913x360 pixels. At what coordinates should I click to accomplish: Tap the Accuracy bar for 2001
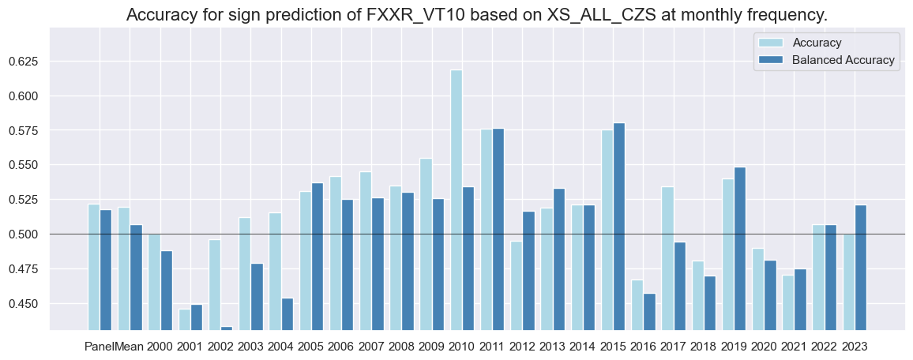point(185,319)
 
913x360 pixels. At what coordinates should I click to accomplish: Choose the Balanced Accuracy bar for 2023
point(861,268)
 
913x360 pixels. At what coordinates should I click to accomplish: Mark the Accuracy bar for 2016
point(637,305)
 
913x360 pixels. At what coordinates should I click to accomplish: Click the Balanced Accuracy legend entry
point(843,60)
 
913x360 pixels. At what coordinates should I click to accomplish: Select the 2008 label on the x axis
point(401,346)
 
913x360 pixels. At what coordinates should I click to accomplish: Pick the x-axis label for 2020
point(764,346)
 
